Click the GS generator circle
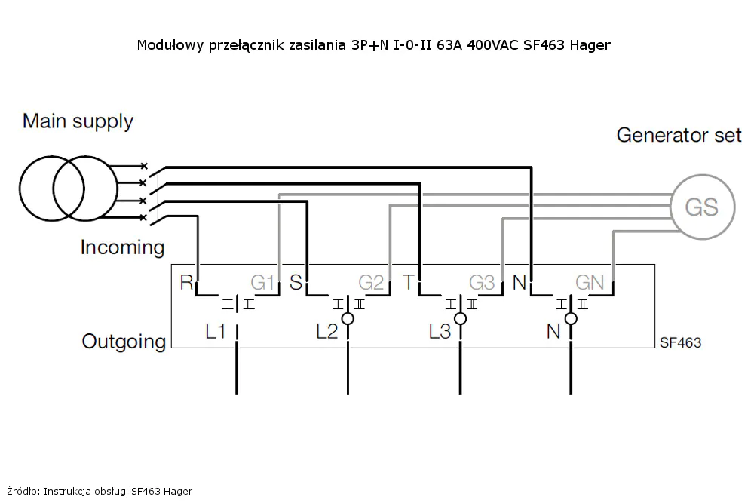click(x=672, y=207)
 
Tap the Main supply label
click(x=78, y=121)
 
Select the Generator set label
click(x=679, y=135)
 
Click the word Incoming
click(x=123, y=247)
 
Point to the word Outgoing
click(x=124, y=342)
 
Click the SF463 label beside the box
click(x=680, y=343)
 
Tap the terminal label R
click(x=186, y=282)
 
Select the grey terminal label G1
click(x=262, y=283)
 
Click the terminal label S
click(x=296, y=282)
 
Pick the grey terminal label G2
click(x=371, y=283)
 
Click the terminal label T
click(x=408, y=282)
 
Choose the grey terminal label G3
click(x=482, y=283)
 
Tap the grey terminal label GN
click(x=590, y=283)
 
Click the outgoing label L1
click(x=216, y=331)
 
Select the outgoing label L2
click(x=327, y=331)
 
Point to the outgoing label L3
click(x=440, y=331)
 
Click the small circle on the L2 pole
click(x=348, y=313)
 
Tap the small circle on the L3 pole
click(x=460, y=313)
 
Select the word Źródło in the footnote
click(x=23, y=491)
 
